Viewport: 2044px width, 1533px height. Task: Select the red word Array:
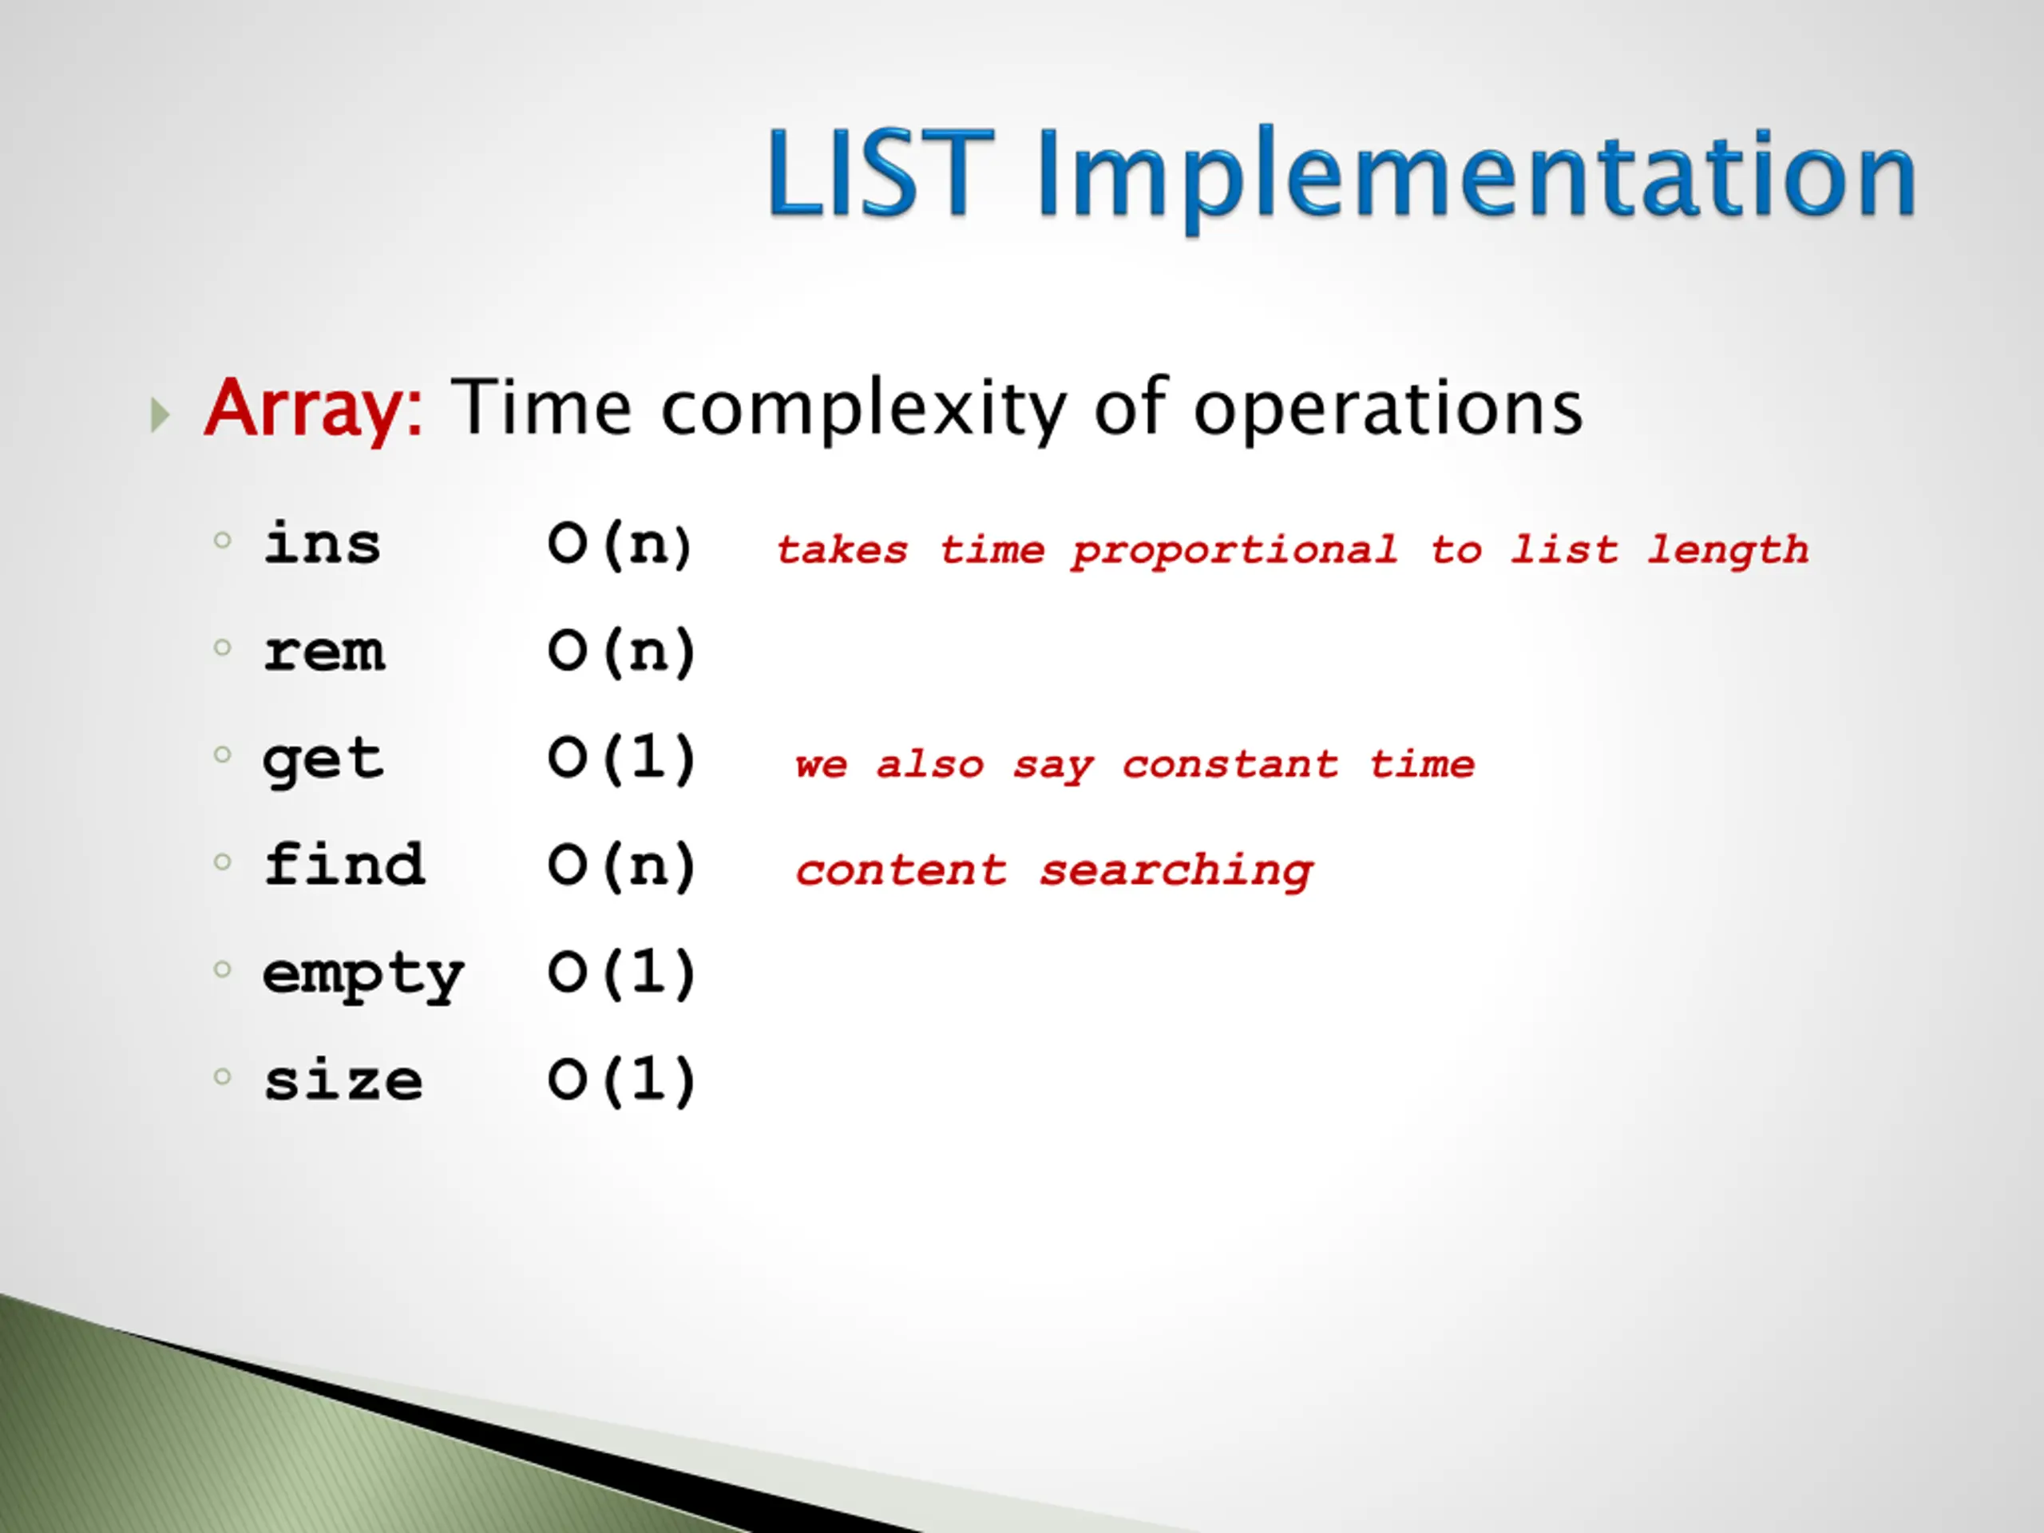coord(313,410)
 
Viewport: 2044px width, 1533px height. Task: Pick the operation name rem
coord(323,652)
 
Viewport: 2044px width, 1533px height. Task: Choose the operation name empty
coord(363,976)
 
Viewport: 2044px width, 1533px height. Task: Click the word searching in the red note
coord(1176,871)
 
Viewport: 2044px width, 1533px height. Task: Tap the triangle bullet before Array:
coord(160,415)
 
